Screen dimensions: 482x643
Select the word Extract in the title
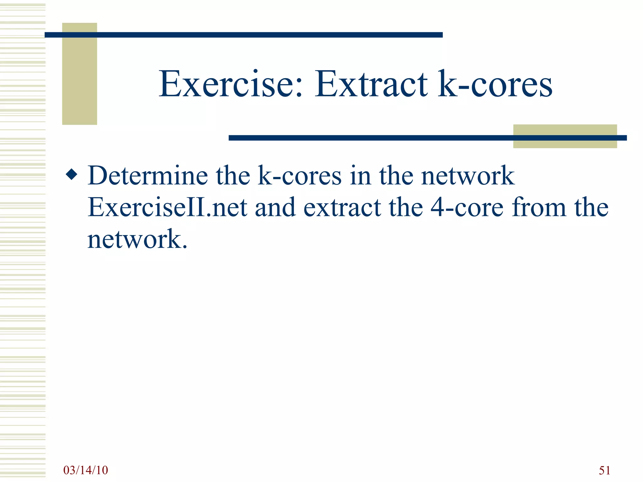[371, 84]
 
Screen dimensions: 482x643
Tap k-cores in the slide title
[495, 84]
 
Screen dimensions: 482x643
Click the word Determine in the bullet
[148, 175]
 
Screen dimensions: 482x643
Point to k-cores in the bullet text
[299, 175]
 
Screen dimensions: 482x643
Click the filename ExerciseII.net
[167, 207]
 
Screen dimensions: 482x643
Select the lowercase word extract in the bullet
[342, 207]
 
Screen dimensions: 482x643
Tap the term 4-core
[467, 207]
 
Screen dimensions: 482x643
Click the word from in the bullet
[539, 207]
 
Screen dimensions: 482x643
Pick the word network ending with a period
[137, 239]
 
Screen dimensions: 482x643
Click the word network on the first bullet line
[468, 175]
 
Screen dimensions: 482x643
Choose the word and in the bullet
[275, 207]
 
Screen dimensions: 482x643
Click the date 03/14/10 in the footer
[85, 470]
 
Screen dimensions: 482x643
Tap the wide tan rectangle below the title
[565, 144]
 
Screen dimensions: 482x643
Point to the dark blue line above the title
[251, 35]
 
